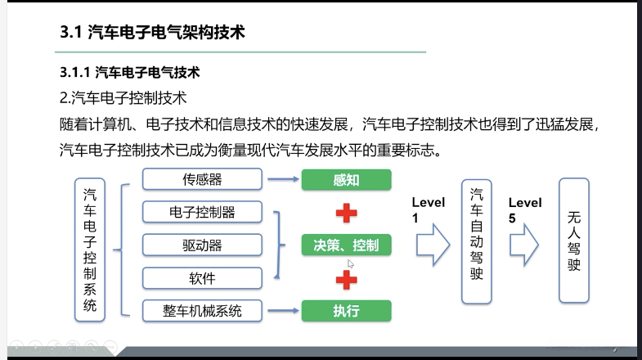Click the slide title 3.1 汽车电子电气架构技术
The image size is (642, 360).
(153, 34)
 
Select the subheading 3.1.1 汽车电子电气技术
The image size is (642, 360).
(130, 73)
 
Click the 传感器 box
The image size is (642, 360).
(202, 179)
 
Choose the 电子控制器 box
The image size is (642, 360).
(202, 212)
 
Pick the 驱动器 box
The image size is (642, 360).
(202, 245)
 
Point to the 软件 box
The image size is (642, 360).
(202, 278)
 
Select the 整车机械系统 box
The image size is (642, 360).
(202, 311)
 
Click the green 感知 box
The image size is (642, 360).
(346, 180)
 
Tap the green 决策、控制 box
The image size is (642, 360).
(346, 245)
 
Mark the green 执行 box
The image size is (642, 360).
(346, 311)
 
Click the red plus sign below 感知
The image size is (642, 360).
(347, 213)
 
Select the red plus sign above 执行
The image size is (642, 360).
(347, 279)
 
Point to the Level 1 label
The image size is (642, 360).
(428, 210)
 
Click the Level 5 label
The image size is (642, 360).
(523, 210)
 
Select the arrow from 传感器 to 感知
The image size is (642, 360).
(282, 179)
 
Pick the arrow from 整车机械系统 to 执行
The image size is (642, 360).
(282, 311)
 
